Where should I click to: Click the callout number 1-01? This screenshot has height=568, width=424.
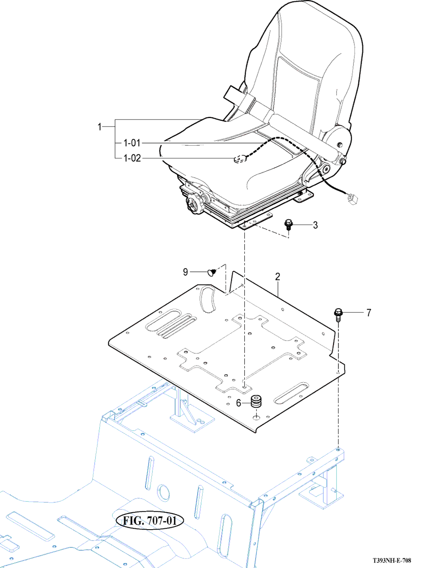pos(132,143)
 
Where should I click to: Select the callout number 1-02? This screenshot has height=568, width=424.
pos(132,158)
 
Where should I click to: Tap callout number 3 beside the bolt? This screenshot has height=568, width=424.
pos(315,225)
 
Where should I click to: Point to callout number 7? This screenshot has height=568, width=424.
pos(369,313)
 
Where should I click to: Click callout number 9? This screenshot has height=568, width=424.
pos(185,272)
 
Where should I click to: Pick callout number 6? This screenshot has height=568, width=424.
pos(238,403)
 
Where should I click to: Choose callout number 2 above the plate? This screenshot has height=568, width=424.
pos(278,277)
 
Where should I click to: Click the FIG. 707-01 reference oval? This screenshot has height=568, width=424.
pos(150,520)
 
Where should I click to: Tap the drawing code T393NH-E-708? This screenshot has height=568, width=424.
pos(392,561)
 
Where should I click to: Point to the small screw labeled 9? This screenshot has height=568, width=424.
pos(212,272)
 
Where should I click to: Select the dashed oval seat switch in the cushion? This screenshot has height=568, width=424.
pos(240,158)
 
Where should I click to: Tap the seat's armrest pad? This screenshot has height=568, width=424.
pos(304,136)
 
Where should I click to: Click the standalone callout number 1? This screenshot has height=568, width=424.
pos(100,127)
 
